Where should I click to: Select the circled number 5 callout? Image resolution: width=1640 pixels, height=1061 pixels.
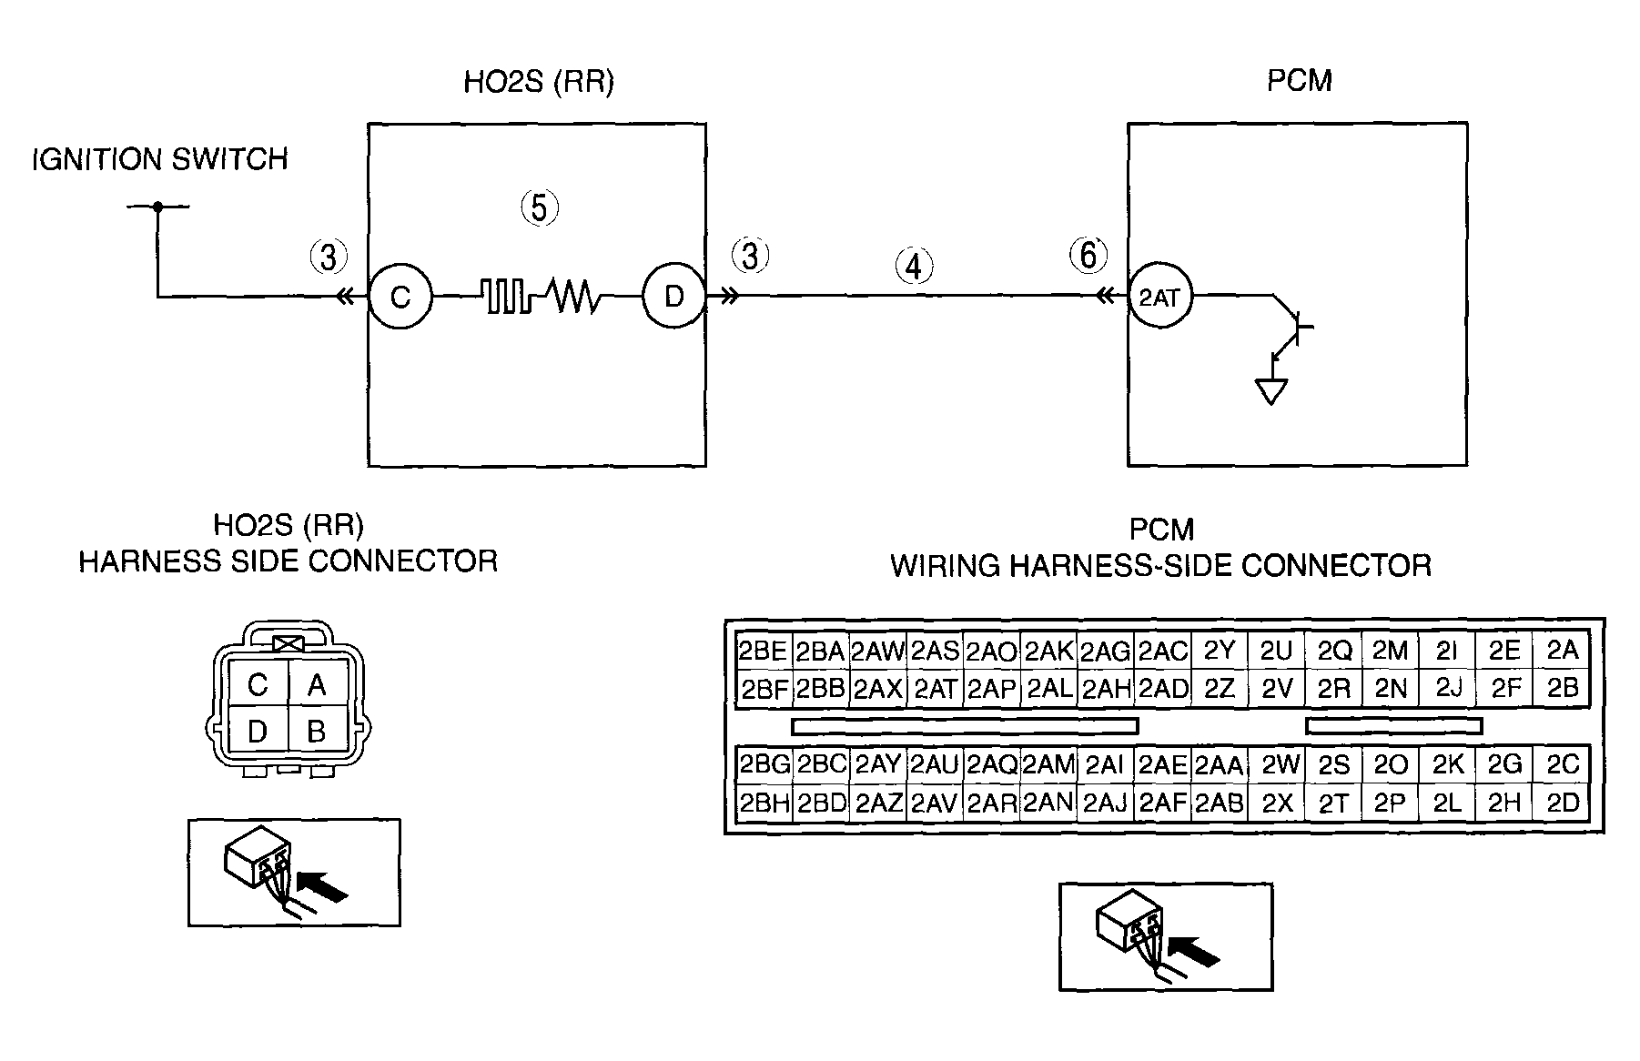click(540, 208)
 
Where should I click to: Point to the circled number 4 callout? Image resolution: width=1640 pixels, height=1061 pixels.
click(915, 267)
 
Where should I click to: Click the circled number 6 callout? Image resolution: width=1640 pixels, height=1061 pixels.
click(1088, 256)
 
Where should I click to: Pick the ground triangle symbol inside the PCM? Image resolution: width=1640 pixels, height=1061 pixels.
click(1271, 391)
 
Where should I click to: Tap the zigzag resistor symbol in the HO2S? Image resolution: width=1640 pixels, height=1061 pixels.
click(572, 296)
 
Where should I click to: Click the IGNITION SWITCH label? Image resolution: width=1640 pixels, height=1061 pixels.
click(160, 160)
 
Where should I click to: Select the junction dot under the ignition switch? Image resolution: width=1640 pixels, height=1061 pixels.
click(157, 207)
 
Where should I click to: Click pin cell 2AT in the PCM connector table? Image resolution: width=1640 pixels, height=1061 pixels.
click(935, 689)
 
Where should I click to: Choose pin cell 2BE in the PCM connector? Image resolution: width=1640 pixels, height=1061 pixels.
click(763, 651)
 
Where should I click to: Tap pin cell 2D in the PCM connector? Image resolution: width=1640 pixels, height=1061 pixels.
click(1563, 803)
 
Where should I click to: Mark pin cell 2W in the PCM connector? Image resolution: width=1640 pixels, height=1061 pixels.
click(1278, 765)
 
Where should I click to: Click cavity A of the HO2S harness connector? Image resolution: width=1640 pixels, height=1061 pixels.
click(317, 684)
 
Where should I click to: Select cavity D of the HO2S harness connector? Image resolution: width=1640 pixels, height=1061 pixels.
click(258, 730)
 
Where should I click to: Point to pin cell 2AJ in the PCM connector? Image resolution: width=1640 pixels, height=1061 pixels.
click(1105, 803)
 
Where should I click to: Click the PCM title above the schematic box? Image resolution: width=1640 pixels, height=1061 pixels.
click(1300, 80)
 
